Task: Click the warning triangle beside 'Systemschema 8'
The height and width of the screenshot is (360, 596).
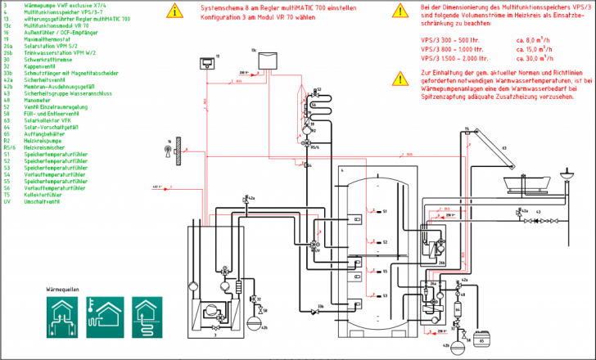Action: (174, 11)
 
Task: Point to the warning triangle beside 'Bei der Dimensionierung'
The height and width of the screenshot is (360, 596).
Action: (400, 11)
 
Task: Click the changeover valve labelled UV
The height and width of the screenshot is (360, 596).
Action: (316, 245)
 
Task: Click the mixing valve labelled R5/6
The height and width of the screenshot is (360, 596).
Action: (306, 144)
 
